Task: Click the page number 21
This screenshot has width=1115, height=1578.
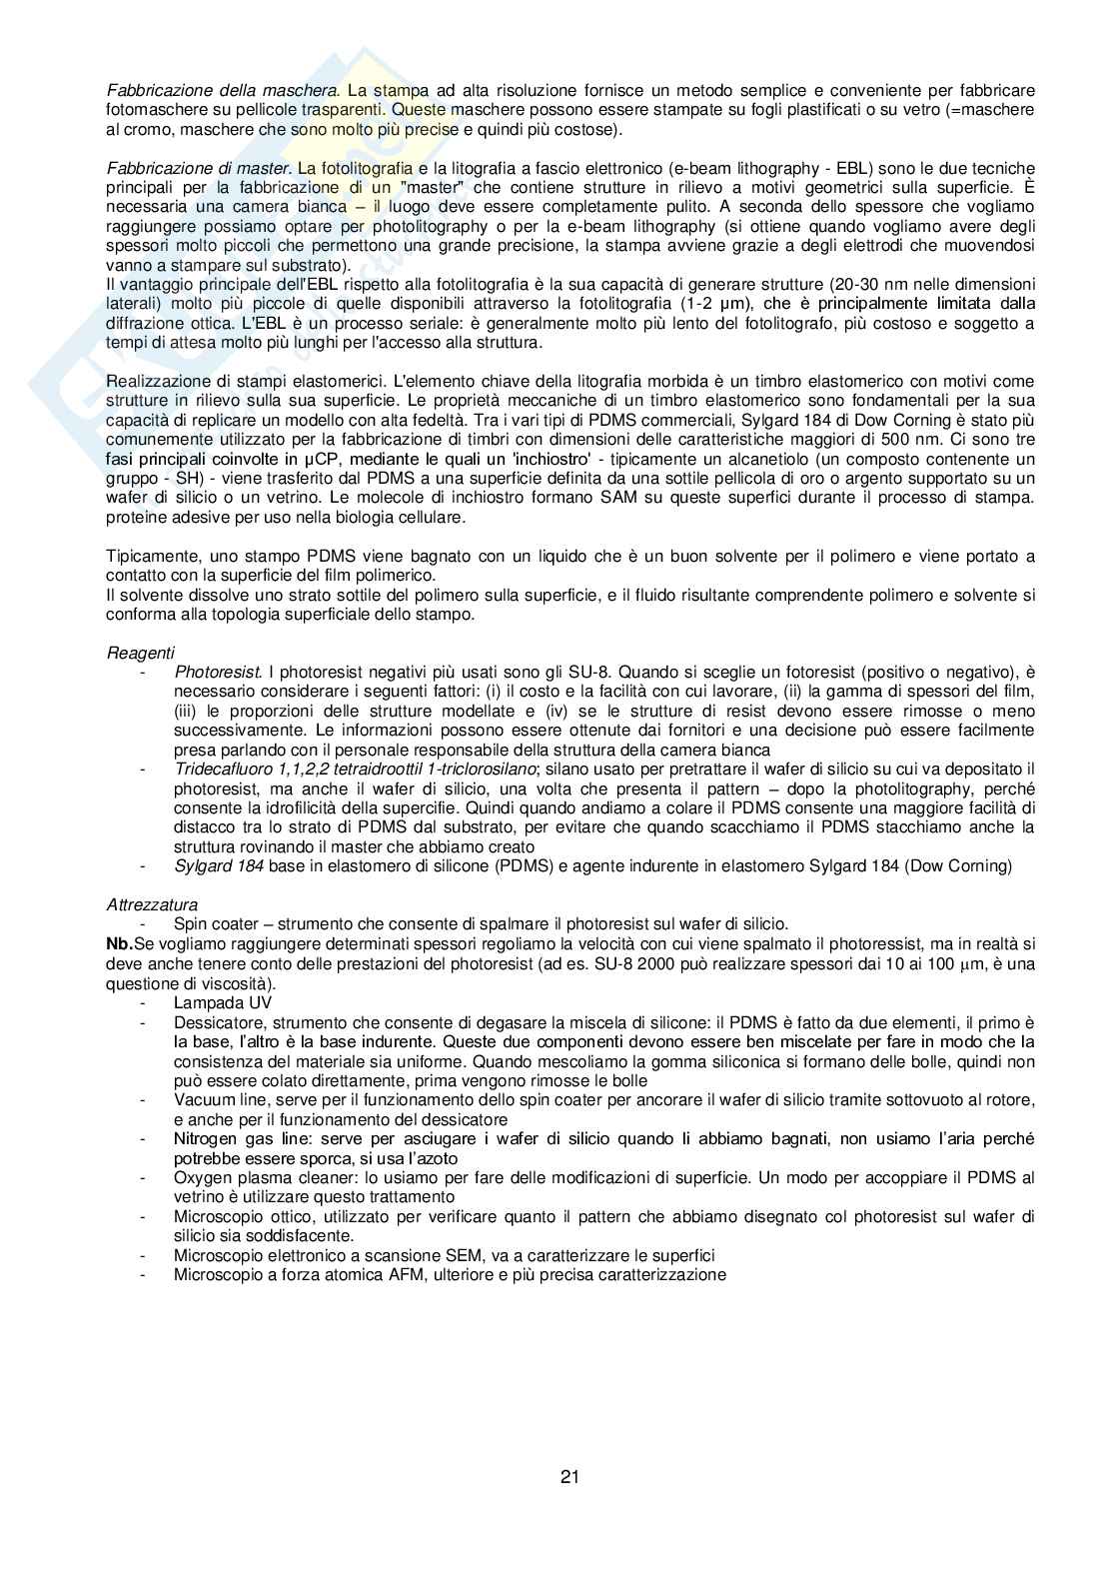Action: click(x=570, y=1476)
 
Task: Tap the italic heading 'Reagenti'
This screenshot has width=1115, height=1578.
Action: click(x=140, y=653)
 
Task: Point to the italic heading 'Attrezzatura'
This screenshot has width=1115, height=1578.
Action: click(x=152, y=904)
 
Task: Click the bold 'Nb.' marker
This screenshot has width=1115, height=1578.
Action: click(x=118, y=943)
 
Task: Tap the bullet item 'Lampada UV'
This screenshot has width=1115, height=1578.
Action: click(x=222, y=1002)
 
